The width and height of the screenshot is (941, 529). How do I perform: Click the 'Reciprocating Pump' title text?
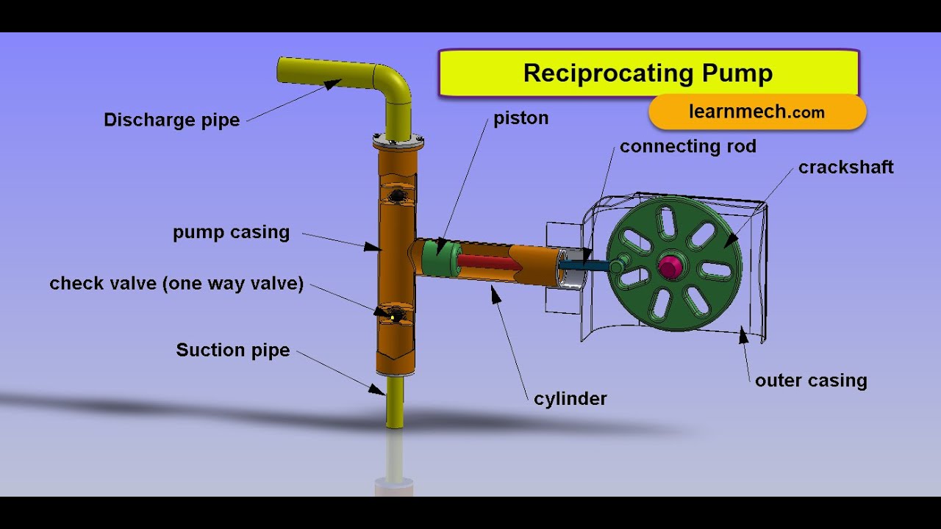click(x=648, y=73)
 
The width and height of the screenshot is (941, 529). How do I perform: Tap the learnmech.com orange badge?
click(x=757, y=112)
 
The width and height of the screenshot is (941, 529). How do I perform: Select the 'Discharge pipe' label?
click(x=171, y=120)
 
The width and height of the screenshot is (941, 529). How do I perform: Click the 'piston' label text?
click(x=520, y=118)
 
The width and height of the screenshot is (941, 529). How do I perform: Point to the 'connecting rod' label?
click(x=687, y=146)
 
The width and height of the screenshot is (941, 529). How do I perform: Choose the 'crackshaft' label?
click(x=845, y=168)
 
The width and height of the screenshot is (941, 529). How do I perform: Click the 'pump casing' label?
click(x=231, y=233)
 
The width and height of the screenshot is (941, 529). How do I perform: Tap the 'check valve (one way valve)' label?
click(x=176, y=284)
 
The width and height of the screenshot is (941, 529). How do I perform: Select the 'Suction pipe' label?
click(x=232, y=350)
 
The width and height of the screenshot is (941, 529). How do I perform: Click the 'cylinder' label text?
click(x=570, y=399)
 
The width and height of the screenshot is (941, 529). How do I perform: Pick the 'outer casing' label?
click(x=811, y=381)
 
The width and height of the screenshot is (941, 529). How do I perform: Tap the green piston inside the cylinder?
click(x=439, y=257)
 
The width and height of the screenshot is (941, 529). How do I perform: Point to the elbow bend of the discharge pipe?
click(x=394, y=82)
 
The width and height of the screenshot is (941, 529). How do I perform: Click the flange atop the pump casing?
click(x=398, y=140)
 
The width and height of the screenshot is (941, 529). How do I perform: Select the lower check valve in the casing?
click(x=395, y=314)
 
